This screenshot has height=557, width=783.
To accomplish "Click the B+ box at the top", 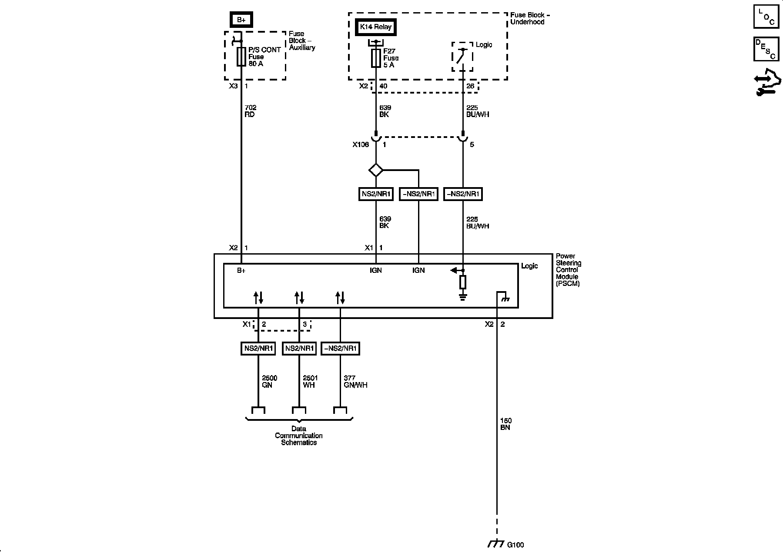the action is point(241,20).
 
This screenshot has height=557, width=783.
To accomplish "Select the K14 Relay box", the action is point(375,27).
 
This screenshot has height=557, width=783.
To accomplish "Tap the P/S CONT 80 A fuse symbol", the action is point(241,57).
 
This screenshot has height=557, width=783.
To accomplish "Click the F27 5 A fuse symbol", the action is point(376,58).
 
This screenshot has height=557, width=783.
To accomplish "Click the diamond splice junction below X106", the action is point(376,170).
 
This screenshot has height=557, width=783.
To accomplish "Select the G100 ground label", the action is point(515,544).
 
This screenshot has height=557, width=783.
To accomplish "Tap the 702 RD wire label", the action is point(250,111).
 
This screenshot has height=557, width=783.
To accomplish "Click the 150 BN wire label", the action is point(505,424).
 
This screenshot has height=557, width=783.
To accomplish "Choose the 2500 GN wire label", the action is point(269,382).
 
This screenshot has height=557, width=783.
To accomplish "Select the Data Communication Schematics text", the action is point(299,436).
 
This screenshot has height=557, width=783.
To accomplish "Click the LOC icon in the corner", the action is point(766,17).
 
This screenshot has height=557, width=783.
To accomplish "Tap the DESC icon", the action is point(766,49).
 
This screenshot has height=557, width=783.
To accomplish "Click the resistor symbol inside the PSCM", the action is point(463,282).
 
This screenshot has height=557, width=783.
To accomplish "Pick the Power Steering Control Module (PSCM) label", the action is point(569,270).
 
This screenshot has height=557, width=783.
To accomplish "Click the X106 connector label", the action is point(361,144).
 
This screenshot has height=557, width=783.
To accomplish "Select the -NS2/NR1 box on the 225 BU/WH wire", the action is point(463,194).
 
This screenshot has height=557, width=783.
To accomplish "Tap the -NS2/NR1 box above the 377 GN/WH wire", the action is point(340,349).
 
